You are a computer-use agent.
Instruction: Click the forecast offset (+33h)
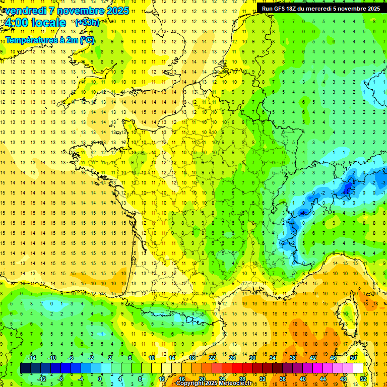pos(87,23)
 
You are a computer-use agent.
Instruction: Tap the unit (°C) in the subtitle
pos(86,40)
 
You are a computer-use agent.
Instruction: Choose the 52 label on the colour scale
pos(363,379)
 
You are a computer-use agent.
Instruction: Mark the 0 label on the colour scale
pos(100,379)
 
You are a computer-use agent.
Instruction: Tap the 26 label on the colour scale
pos(232,358)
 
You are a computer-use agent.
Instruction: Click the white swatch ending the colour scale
pos(358,368)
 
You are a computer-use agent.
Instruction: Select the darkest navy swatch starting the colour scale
pos(25,368)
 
